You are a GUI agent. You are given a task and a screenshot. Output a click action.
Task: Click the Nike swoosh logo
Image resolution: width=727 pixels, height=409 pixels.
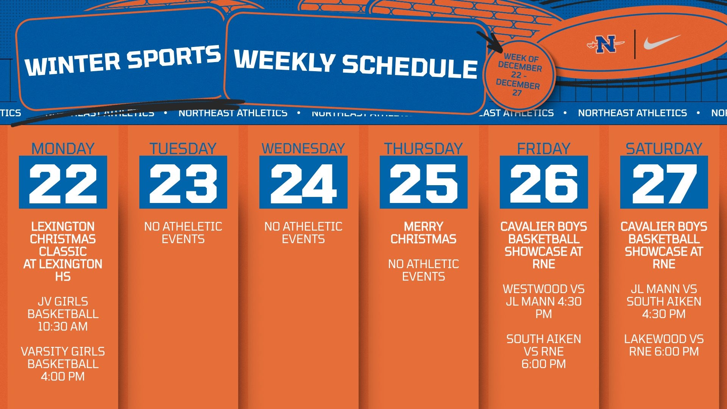(x=661, y=42)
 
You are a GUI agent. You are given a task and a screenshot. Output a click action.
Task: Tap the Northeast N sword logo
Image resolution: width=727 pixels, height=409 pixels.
(x=605, y=44)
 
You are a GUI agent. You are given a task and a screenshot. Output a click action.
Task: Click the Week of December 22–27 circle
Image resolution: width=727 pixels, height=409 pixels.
(x=519, y=75)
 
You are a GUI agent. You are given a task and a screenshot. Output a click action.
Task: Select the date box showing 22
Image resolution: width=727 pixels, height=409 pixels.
(x=63, y=182)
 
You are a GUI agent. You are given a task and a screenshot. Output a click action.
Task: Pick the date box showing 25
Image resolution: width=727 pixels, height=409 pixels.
(x=423, y=182)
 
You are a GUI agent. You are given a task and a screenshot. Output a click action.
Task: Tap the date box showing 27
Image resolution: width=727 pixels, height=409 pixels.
(x=664, y=182)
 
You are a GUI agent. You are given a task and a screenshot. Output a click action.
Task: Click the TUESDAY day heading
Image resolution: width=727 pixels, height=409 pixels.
(x=183, y=148)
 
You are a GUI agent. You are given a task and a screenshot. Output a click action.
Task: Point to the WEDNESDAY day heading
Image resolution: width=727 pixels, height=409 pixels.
(x=303, y=148)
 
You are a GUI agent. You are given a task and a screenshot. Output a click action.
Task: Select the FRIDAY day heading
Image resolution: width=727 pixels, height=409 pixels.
(x=543, y=148)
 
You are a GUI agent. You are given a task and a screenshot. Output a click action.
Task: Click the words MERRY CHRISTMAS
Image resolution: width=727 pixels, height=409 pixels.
(x=423, y=233)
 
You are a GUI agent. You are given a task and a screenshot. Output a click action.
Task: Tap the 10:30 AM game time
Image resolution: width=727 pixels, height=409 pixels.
(x=63, y=326)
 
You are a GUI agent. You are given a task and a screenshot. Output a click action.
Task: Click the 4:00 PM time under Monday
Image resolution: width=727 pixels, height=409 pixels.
(x=63, y=376)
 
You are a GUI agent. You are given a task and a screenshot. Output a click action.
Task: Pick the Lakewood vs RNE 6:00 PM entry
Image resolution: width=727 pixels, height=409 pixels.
(x=664, y=345)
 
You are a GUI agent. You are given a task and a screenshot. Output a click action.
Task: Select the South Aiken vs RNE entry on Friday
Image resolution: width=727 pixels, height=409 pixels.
(x=543, y=351)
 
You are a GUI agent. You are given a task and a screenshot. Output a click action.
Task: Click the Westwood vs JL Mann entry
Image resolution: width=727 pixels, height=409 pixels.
(x=543, y=301)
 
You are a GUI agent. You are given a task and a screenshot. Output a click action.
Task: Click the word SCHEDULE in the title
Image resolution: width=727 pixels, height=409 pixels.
(x=410, y=67)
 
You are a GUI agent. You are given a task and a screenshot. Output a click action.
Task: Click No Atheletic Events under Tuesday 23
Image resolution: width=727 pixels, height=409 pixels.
(x=183, y=233)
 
